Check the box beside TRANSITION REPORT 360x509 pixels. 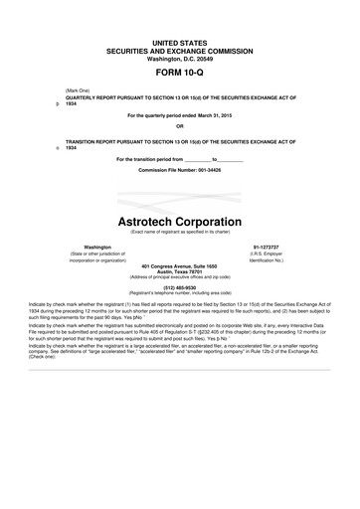tap(58, 147)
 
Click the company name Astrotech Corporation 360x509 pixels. tap(179, 221)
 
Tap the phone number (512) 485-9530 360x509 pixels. tap(179, 287)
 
